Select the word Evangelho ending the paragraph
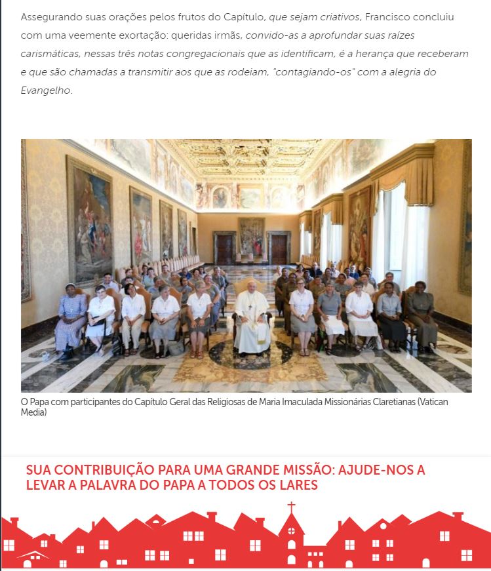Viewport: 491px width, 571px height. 46,90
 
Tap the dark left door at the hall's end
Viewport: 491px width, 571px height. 224,248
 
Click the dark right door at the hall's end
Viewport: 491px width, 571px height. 279,248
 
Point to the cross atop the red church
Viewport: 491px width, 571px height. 291,507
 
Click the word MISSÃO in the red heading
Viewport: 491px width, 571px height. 303,470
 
